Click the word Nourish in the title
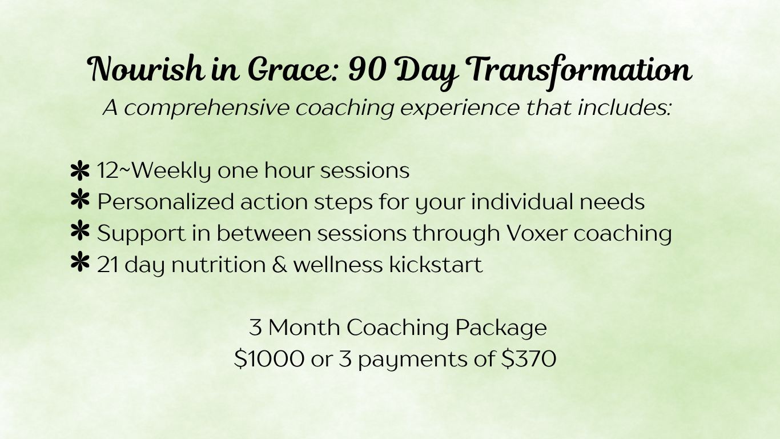click(x=145, y=69)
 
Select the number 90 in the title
click(x=367, y=69)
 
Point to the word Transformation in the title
click(x=577, y=71)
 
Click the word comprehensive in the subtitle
click(x=207, y=109)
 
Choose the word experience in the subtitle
click(x=460, y=109)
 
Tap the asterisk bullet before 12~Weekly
click(x=80, y=170)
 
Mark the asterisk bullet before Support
click(x=80, y=230)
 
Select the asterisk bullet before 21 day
click(x=80, y=262)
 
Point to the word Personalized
click(x=166, y=202)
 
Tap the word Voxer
click(x=537, y=233)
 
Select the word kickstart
click(x=436, y=264)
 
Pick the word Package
click(x=501, y=329)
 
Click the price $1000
click(x=269, y=359)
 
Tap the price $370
click(x=529, y=359)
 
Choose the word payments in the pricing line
click(x=413, y=360)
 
